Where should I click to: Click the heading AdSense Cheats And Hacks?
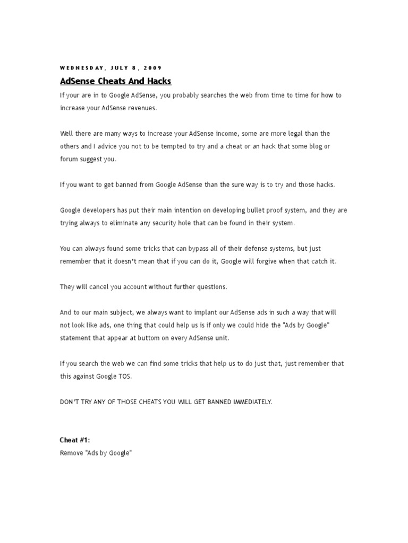point(116,81)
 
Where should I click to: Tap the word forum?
point(69,159)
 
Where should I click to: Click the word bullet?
point(239,210)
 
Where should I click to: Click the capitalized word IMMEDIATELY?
point(252,402)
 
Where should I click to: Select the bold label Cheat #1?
point(75,440)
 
